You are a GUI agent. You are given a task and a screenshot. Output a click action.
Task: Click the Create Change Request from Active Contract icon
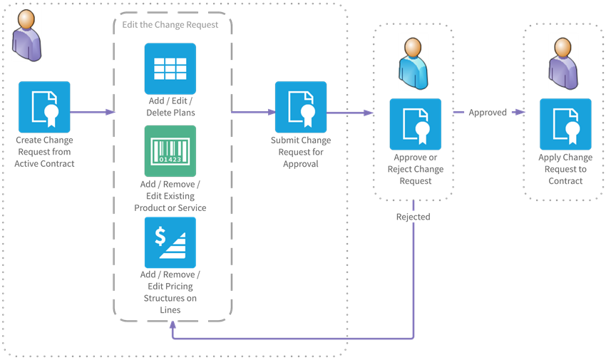click(44, 106)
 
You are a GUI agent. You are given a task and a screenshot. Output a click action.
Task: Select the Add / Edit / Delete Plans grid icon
click(170, 68)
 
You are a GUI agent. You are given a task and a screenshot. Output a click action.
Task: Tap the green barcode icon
click(170, 151)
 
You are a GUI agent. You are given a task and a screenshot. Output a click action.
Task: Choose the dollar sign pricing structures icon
click(170, 242)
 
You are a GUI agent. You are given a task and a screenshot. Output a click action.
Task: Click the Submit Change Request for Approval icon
click(300, 107)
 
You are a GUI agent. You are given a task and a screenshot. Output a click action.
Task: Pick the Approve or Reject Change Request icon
click(415, 124)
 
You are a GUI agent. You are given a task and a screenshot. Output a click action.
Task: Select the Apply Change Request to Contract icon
click(565, 124)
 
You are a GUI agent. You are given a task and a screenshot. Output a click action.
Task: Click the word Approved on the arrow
click(488, 113)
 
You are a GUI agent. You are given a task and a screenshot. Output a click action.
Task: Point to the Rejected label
click(413, 217)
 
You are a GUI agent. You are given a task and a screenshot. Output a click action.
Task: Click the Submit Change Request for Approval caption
click(300, 152)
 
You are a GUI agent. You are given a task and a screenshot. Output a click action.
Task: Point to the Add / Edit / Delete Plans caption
click(170, 106)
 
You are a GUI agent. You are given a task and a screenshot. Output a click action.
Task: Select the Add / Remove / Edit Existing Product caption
click(170, 196)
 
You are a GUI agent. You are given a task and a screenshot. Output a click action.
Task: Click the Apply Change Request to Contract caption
click(565, 169)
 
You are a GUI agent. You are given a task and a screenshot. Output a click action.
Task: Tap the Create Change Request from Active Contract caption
click(44, 152)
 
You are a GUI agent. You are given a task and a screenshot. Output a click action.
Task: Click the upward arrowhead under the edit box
click(171, 325)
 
